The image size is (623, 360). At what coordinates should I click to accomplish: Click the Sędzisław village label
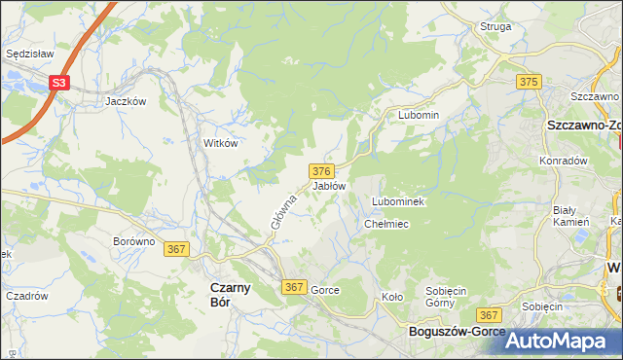click(x=28, y=54)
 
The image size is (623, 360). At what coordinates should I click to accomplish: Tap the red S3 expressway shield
click(x=60, y=84)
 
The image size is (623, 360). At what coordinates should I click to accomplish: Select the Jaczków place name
click(x=126, y=100)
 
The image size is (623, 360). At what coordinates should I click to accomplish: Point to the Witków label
click(x=220, y=142)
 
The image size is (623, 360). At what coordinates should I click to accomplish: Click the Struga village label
click(x=495, y=26)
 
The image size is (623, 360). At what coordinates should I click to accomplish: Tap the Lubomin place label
click(x=419, y=115)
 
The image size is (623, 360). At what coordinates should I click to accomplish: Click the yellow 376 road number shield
click(x=324, y=170)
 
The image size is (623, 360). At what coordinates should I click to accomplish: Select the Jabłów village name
click(x=329, y=185)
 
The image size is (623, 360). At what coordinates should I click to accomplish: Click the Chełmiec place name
click(x=385, y=224)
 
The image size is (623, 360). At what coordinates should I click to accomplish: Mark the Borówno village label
click(x=134, y=240)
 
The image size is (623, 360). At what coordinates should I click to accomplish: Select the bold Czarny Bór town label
click(x=232, y=294)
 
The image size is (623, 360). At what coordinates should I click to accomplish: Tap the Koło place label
click(x=392, y=297)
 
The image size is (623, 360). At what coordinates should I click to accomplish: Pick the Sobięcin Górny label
click(x=449, y=297)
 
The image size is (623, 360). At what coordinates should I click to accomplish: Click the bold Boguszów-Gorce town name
click(x=456, y=332)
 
